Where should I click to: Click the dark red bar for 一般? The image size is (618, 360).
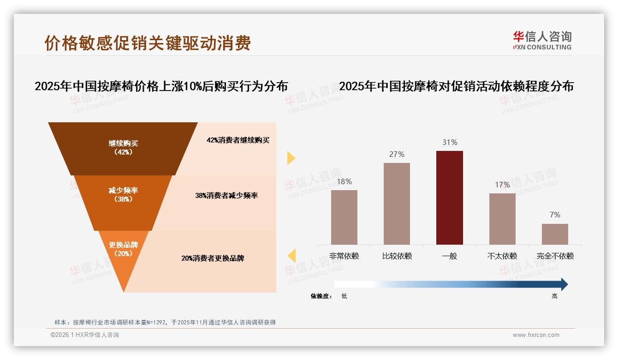[x=449, y=198]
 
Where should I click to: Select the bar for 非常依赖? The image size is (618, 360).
[x=344, y=217]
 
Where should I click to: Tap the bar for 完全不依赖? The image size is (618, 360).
[x=555, y=234]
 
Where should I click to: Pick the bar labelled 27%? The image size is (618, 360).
[x=397, y=204]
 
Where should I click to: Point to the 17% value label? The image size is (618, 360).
[x=502, y=185]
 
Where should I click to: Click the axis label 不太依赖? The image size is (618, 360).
[x=502, y=256]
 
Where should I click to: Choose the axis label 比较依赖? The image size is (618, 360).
[x=397, y=256]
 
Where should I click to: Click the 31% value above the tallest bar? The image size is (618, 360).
[x=450, y=143]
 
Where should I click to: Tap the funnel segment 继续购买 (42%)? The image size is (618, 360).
[x=123, y=148]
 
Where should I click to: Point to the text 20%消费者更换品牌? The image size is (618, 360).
[x=213, y=258]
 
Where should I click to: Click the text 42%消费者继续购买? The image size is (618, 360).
[x=238, y=140]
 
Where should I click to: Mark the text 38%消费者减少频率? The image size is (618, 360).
[x=226, y=196]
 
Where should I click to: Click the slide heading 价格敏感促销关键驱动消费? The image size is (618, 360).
[x=148, y=43]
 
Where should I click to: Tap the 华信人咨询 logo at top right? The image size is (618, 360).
[x=542, y=40]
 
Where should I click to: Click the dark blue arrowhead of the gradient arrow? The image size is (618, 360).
[x=564, y=284]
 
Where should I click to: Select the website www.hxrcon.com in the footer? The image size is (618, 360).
[x=536, y=335]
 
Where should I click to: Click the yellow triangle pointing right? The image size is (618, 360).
[x=291, y=158]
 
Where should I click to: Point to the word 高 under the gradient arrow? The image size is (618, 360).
[x=554, y=296]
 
